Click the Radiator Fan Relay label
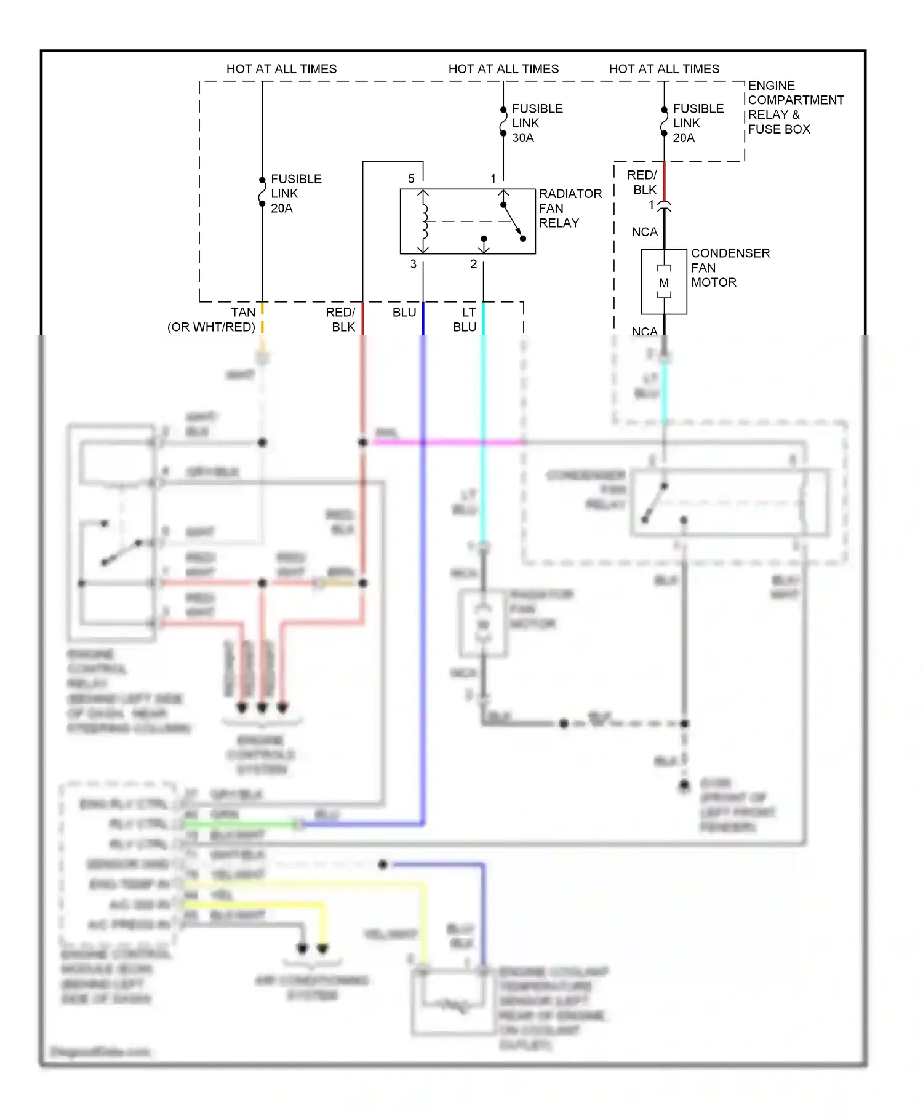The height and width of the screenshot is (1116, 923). coord(569,209)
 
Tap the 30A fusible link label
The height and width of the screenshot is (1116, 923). coord(537,123)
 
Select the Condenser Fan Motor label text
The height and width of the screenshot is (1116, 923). coord(730,268)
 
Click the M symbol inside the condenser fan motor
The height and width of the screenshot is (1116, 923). coord(664,283)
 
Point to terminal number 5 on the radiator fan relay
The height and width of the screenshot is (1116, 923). coord(411,179)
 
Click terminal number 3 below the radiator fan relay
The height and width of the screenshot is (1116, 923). coord(414,264)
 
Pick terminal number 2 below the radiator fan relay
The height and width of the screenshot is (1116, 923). coord(473,264)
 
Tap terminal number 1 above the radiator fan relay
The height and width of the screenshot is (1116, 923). coord(493,179)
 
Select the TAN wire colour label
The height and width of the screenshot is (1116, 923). coord(243,313)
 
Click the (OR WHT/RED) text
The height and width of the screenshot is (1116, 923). coord(211,327)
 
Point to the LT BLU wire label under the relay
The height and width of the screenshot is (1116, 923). coord(466,320)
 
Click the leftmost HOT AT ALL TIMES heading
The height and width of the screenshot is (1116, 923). coord(281,69)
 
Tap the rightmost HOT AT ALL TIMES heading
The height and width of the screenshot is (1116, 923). coord(664,69)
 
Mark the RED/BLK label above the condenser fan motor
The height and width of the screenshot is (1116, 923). coord(643,182)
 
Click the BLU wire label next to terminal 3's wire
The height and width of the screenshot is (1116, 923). coord(404,313)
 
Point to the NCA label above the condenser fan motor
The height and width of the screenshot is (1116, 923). coord(644,232)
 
